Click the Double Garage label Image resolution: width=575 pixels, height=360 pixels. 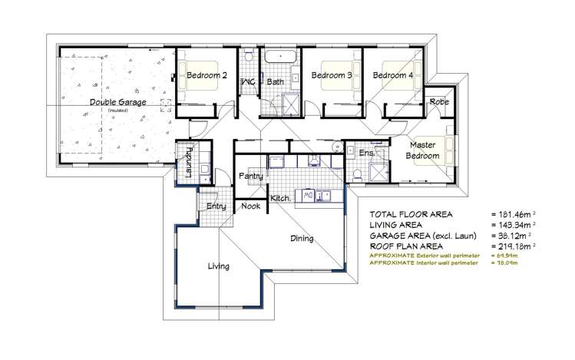click(117, 102)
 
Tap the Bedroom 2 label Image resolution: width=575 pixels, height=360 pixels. click(207, 75)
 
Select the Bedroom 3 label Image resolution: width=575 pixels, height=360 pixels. click(332, 75)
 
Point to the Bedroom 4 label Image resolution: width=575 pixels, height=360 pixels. click(393, 75)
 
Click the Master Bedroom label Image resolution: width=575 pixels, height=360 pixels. click(424, 150)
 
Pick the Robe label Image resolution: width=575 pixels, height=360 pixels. click(439, 101)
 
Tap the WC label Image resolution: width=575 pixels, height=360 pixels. click(248, 81)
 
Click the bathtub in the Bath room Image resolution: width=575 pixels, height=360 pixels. click(281, 57)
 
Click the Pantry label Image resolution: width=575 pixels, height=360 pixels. click(250, 176)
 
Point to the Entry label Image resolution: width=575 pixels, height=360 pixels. click(215, 206)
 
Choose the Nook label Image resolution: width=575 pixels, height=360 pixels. click(250, 206)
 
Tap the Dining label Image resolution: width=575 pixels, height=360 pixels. click(302, 238)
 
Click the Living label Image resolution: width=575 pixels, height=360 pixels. click(219, 266)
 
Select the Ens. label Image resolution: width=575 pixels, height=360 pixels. click(366, 154)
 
